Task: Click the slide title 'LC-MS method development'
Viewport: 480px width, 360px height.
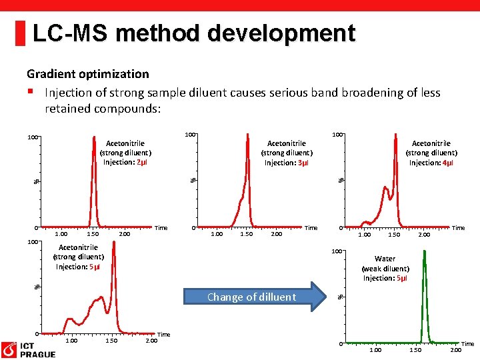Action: point(193,33)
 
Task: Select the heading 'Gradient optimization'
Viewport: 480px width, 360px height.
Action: point(87,74)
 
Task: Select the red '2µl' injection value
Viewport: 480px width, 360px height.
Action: point(142,162)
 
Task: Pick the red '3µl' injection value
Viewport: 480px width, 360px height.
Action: point(303,163)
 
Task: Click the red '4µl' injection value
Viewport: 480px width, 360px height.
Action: point(447,163)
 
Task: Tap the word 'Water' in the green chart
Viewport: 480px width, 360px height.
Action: point(385,259)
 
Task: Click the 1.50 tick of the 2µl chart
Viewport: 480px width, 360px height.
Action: point(93,234)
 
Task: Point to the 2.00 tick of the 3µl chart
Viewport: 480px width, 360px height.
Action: point(276,234)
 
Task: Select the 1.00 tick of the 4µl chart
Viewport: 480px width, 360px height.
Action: point(365,235)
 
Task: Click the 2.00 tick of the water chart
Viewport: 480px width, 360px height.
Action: point(456,350)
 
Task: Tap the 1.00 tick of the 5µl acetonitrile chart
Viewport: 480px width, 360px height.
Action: point(71,341)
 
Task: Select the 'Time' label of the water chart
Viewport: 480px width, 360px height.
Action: point(468,344)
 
